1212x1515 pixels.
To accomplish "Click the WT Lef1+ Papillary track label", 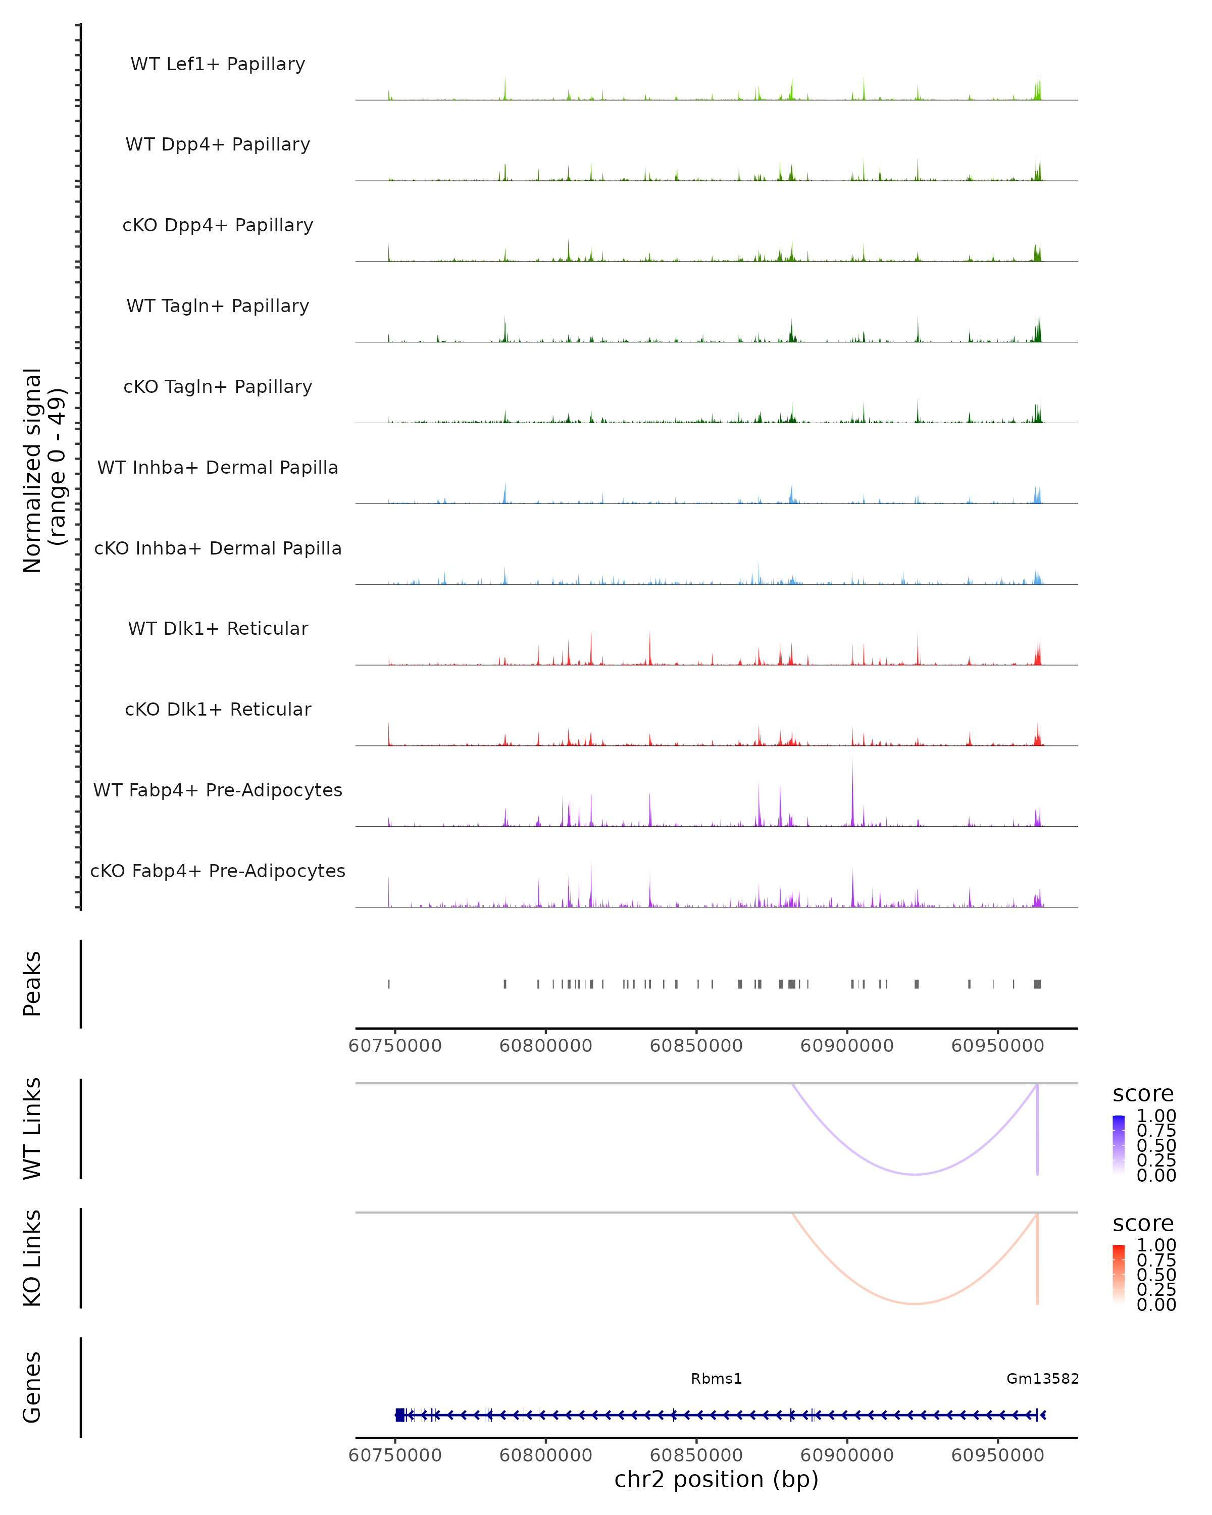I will click(218, 64).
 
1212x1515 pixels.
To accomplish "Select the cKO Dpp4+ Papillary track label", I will click(218, 226).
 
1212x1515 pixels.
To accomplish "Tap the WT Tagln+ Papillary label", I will click(218, 307).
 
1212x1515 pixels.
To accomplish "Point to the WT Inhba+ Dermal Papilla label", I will click(218, 468).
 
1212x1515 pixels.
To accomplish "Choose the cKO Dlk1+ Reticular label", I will click(218, 710).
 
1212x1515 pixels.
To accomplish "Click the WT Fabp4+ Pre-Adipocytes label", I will click(218, 790).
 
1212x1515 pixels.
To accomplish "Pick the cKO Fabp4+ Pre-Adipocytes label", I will click(218, 871).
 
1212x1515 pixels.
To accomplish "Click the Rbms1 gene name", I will click(716, 1379).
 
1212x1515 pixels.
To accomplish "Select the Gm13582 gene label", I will click(1042, 1379).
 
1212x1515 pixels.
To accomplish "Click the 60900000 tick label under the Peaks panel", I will click(847, 1046).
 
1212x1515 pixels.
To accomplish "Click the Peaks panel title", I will click(32, 984).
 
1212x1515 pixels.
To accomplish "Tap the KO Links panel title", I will click(32, 1258).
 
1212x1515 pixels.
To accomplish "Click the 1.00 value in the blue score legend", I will click(1156, 1116).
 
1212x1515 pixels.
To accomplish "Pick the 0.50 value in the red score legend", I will click(1156, 1275).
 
